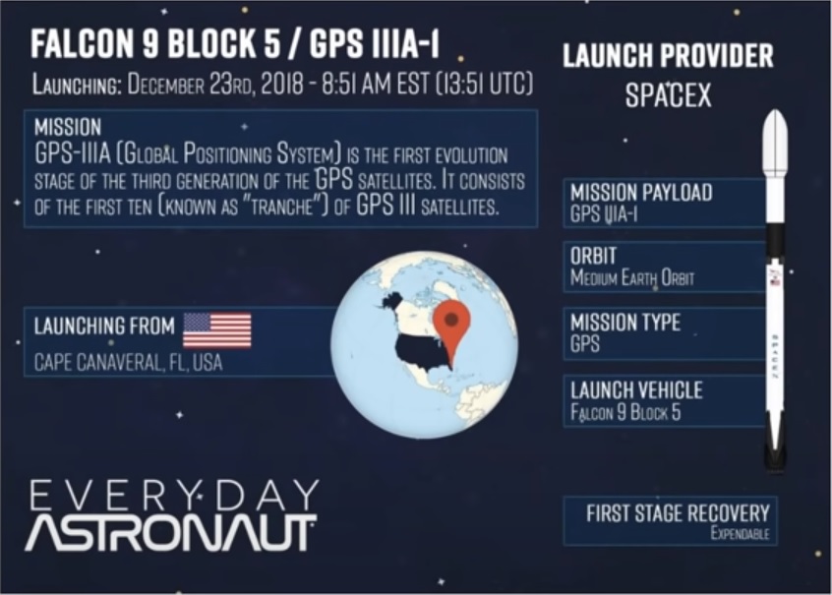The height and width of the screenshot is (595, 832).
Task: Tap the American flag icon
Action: (x=217, y=329)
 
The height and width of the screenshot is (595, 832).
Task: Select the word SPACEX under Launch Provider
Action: (x=668, y=95)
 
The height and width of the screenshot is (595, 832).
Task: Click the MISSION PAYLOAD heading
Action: (x=641, y=192)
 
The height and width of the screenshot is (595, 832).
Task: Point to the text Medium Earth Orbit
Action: (x=632, y=277)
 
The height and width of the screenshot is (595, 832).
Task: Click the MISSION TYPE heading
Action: (x=625, y=323)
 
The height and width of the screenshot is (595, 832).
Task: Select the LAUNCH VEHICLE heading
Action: (x=636, y=390)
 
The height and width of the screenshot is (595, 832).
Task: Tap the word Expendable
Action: (x=740, y=533)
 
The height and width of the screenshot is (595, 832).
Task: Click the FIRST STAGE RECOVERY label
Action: (x=678, y=513)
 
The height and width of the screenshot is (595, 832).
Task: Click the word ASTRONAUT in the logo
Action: (x=171, y=533)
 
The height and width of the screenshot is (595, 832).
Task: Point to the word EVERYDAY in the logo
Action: (x=174, y=495)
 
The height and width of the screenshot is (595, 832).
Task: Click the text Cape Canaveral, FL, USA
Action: (x=129, y=363)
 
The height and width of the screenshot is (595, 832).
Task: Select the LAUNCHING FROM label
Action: (x=104, y=326)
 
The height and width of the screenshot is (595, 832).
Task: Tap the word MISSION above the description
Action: (x=68, y=128)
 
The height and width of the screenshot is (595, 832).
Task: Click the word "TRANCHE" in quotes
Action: (x=283, y=206)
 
